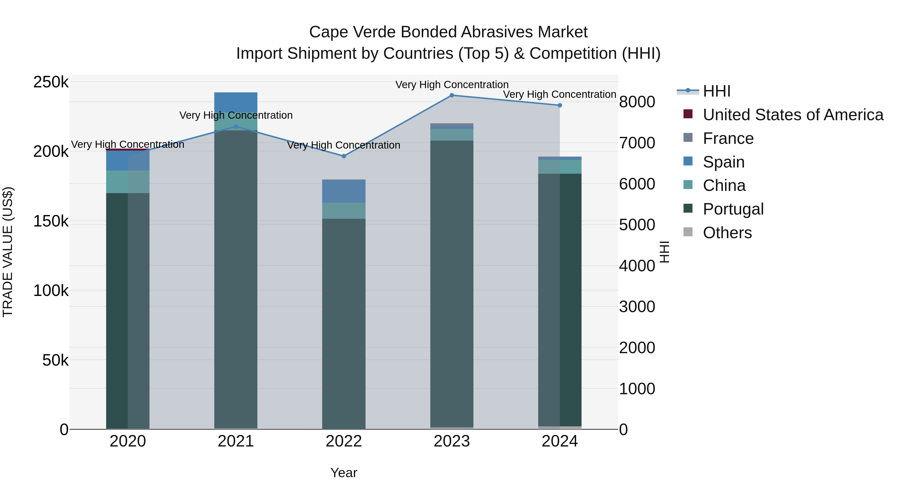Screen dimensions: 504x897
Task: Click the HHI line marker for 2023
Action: (452, 95)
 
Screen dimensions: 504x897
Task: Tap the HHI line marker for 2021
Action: (236, 127)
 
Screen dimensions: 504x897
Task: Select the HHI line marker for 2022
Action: (344, 156)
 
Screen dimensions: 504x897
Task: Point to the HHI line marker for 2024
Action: (560, 105)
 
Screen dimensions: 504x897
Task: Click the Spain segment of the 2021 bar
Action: (236, 102)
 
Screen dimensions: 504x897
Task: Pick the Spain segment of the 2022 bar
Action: (344, 192)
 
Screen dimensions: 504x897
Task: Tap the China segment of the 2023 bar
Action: (452, 135)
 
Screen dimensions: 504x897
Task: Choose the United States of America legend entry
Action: (793, 115)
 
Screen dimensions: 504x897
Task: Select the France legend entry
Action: (728, 138)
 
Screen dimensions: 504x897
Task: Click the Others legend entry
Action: (727, 233)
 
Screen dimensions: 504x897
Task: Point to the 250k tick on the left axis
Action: (51, 82)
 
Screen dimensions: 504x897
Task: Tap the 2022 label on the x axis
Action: (344, 441)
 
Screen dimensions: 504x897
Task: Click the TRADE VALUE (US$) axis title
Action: (8, 252)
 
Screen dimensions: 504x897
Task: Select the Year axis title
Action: (344, 473)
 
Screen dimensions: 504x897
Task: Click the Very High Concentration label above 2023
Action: (452, 85)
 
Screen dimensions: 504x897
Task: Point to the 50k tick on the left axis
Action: (55, 360)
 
